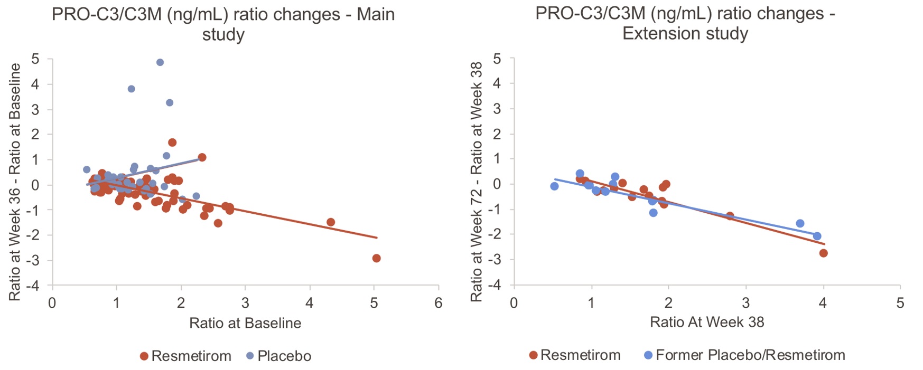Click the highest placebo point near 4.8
160,62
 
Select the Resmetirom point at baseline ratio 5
376,258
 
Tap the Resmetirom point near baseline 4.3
331,222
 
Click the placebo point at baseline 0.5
87,169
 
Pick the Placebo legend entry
279,356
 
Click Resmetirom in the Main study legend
185,356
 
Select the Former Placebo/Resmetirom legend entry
744,355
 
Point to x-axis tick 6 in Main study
438,303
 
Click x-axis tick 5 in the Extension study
900,303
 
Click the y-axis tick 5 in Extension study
497,59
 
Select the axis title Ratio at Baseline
245,323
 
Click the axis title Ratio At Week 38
707,322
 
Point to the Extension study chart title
685,23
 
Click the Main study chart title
223,24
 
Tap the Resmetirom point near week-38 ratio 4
823,253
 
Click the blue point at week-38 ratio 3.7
800,223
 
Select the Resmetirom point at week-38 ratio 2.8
730,216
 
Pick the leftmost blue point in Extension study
554,186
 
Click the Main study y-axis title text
15,182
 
